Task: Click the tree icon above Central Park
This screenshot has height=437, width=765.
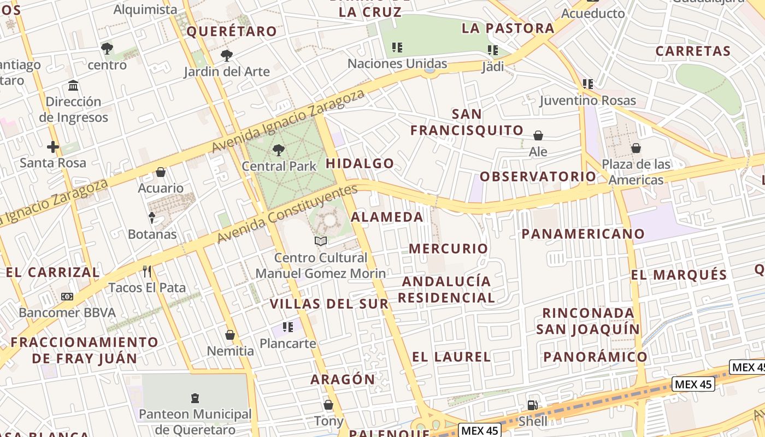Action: (x=279, y=149)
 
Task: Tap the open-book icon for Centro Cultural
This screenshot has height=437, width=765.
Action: (x=321, y=241)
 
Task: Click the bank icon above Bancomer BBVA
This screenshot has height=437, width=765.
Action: (x=67, y=297)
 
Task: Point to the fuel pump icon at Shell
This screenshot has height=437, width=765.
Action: (x=532, y=405)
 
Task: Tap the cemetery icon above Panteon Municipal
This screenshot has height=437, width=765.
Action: (x=195, y=398)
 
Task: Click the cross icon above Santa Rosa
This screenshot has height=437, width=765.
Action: (x=53, y=147)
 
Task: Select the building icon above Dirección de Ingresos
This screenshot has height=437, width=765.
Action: (x=73, y=86)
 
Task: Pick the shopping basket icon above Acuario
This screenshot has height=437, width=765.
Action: (x=161, y=172)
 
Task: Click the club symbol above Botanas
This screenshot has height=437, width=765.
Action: (x=152, y=218)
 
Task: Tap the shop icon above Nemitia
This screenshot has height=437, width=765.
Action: (x=230, y=335)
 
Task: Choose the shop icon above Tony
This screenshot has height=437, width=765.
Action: (x=328, y=405)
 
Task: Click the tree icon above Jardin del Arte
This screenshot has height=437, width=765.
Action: (x=226, y=55)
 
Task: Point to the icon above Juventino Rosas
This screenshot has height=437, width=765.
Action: (x=588, y=84)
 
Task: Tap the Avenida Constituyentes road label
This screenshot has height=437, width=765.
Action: (x=287, y=214)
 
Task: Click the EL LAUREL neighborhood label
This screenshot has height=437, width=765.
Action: (x=451, y=357)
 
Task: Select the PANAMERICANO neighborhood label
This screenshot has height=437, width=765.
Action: (x=583, y=234)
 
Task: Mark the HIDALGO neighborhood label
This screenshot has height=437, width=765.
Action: (x=360, y=163)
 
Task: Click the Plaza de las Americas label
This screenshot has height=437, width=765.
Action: (x=636, y=172)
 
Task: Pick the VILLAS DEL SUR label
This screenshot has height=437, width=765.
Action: (x=329, y=304)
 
